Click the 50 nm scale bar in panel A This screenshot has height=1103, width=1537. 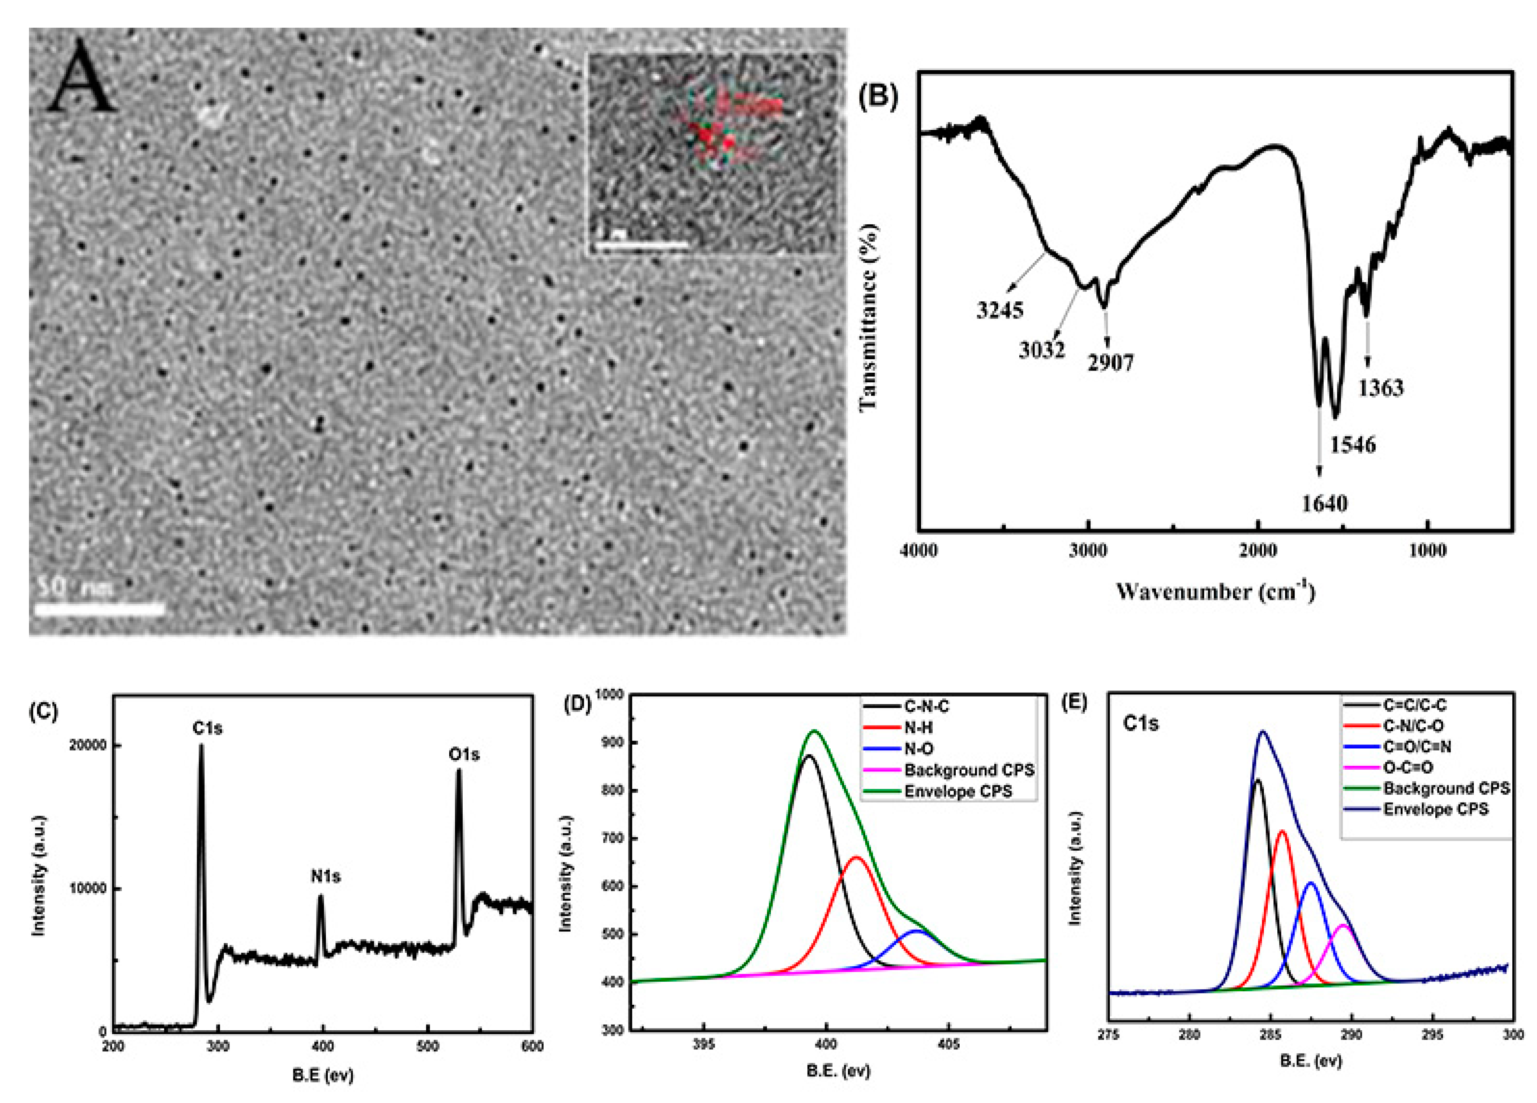(x=99, y=608)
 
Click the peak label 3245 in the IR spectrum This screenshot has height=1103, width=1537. (x=999, y=310)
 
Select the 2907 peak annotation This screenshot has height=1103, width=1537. (x=1111, y=363)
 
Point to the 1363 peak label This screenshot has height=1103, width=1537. (x=1380, y=388)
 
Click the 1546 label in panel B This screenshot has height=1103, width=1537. (x=1353, y=444)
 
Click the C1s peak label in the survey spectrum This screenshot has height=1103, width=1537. (x=207, y=729)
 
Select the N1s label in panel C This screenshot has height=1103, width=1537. (x=326, y=877)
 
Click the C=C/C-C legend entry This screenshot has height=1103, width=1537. (x=1415, y=706)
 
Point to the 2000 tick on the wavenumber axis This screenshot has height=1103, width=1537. (x=1258, y=551)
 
